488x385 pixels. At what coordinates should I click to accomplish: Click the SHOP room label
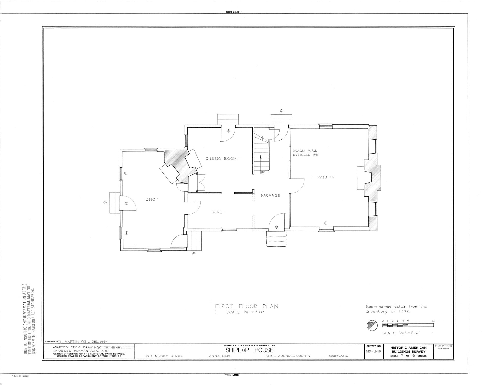tap(152, 199)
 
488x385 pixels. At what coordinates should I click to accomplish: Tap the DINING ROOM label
tap(221, 159)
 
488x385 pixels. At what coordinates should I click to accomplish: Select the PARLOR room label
tap(326, 177)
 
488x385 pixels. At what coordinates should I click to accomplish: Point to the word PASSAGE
tap(271, 195)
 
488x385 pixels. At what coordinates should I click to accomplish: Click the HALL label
tap(219, 212)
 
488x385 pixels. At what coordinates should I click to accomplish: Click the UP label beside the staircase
tap(263, 172)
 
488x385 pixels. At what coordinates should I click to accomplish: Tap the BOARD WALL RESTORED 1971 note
tap(305, 153)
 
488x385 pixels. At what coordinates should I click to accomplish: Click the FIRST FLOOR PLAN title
tap(247, 306)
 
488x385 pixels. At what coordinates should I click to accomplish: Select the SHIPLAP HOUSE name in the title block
tap(250, 350)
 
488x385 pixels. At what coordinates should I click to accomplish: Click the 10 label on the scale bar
tap(433, 321)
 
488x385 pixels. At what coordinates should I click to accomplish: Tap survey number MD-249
tap(374, 351)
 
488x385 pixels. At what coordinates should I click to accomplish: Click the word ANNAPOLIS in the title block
tap(220, 356)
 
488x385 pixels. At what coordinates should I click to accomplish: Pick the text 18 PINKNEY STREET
tap(165, 356)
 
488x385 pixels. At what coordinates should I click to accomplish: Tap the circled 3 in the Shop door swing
tap(127, 203)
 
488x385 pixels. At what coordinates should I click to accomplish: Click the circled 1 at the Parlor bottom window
tap(326, 223)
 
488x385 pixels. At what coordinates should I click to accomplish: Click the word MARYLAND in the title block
tap(338, 356)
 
